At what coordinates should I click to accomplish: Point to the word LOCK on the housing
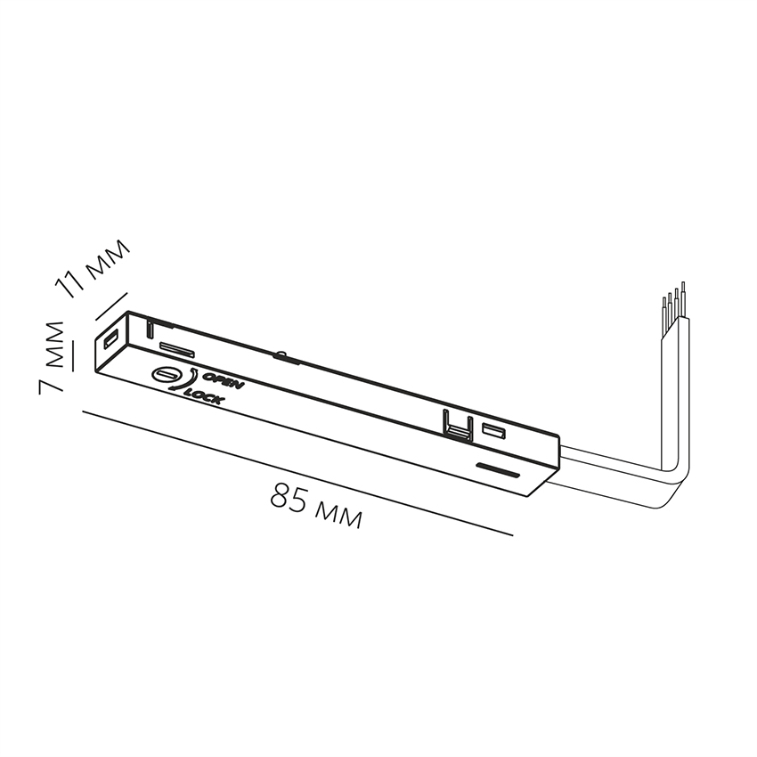point(206,397)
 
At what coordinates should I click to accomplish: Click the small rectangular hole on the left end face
point(111,339)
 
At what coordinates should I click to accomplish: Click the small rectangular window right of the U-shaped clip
point(493,432)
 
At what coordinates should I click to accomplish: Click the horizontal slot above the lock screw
point(176,347)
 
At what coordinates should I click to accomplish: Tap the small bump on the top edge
point(281,355)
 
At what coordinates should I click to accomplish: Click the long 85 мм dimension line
point(298,473)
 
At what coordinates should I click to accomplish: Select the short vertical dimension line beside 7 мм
point(74,354)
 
